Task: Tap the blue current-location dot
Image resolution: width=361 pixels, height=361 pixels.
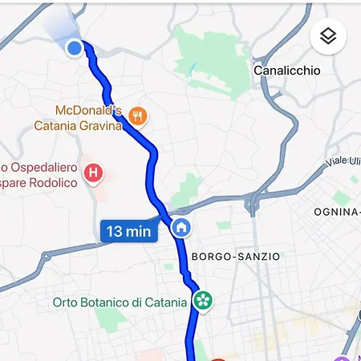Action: (x=75, y=49)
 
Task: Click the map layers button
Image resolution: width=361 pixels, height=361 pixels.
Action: (x=327, y=36)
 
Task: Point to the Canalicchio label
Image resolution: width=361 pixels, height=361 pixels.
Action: (x=286, y=71)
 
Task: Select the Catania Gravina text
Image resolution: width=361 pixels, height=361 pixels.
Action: (x=77, y=126)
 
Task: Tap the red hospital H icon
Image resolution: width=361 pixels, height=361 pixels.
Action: (x=94, y=171)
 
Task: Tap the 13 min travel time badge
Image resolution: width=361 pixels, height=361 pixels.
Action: (x=128, y=231)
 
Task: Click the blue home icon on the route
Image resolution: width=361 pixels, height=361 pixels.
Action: (x=181, y=228)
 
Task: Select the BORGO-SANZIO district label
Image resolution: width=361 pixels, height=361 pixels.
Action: (x=236, y=257)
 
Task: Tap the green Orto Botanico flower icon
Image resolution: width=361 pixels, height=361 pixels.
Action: (x=204, y=302)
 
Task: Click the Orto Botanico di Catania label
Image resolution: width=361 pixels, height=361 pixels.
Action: (x=120, y=302)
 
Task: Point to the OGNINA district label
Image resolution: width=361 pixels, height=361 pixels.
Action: (x=337, y=212)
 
